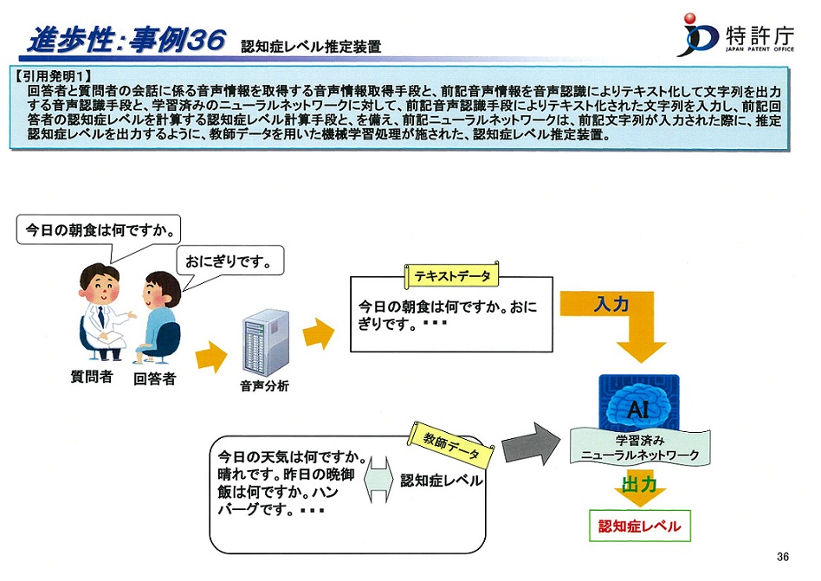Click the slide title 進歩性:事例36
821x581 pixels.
click(127, 40)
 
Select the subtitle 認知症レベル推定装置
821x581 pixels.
click(311, 47)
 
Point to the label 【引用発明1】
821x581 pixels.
click(53, 76)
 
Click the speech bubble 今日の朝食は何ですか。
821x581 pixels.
click(99, 230)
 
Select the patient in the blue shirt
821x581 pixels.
click(157, 317)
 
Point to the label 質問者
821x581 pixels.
click(92, 377)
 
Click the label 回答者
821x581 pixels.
click(154, 378)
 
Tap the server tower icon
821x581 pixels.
click(266, 342)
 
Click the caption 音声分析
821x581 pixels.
click(264, 386)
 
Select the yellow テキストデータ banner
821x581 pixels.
click(452, 275)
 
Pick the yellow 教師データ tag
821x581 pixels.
click(451, 445)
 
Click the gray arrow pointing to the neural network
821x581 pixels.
click(530, 444)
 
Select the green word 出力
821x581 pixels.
click(639, 485)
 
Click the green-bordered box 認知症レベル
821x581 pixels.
click(640, 526)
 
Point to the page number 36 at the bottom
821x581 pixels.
click(783, 557)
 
